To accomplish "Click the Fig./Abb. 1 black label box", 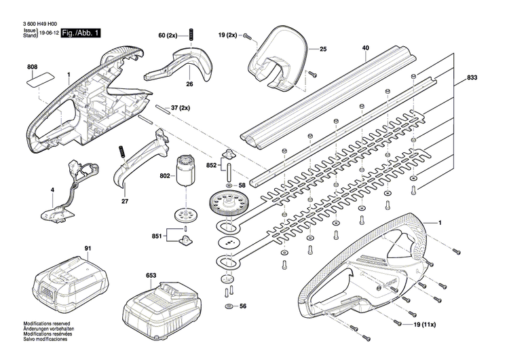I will pos(81,33).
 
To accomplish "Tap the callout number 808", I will pos(33,67).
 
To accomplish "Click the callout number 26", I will pos(170,84).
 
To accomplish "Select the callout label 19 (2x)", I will pos(228,34).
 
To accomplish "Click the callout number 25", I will pos(323,49).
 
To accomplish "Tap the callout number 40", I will pos(365,48).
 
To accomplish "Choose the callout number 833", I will pos(472,78).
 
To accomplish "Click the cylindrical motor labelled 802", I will pos(185,170).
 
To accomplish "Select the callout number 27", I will pos(124,201).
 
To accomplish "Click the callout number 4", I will pos(52,191).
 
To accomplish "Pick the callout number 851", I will pos(157,236).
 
